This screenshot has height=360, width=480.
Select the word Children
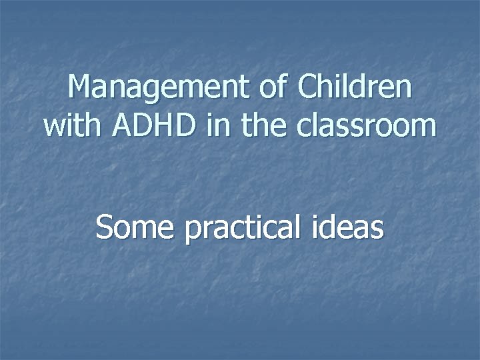click(x=354, y=87)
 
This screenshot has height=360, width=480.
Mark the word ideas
click(x=350, y=227)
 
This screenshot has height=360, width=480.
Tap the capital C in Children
click(x=309, y=87)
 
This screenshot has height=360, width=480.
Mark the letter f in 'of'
click(x=283, y=87)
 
